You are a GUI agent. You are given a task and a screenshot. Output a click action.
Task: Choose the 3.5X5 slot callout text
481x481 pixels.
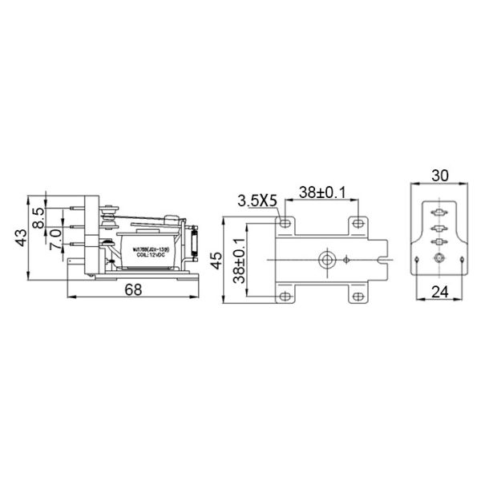257,200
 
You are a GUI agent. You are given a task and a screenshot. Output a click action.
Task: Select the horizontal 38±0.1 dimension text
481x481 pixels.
321,193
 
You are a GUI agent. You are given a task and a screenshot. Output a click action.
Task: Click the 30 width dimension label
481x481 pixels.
439,173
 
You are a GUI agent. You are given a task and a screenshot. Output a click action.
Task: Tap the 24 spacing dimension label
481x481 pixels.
439,292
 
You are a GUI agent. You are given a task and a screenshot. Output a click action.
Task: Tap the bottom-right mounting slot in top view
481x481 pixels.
357,297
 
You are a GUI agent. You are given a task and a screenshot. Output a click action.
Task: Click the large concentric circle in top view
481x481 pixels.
325,259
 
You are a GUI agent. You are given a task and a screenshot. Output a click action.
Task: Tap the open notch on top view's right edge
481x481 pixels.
389,259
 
